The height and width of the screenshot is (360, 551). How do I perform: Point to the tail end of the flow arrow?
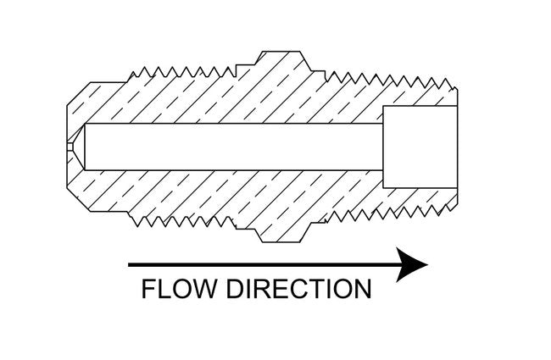pyautogui.click(x=131, y=265)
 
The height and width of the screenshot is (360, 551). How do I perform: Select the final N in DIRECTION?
pyautogui.click(x=361, y=289)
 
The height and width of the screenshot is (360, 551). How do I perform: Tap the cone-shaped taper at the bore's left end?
pyautogui.click(x=79, y=146)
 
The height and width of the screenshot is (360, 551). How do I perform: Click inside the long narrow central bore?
pyautogui.click(x=229, y=146)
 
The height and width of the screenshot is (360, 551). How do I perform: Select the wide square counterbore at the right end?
pyautogui.click(x=420, y=147)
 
